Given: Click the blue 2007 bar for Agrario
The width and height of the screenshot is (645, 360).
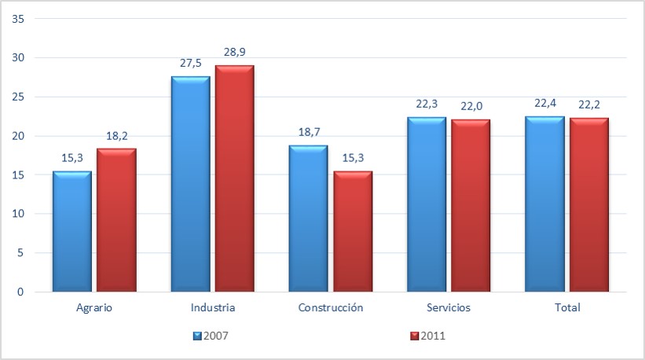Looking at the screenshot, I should [x=72, y=232].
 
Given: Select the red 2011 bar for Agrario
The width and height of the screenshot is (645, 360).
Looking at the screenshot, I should [x=116, y=220].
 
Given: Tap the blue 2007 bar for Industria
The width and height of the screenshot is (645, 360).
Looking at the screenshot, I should [x=190, y=184].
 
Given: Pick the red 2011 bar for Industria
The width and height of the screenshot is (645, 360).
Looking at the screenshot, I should [x=234, y=178].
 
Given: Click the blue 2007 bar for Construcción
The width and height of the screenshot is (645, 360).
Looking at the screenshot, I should [x=308, y=219].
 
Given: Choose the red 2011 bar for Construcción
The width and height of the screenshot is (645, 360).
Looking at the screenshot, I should [x=352, y=232].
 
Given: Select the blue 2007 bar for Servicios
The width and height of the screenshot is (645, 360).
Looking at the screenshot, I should [x=427, y=204].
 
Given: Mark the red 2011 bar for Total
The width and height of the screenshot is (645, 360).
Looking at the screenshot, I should [x=589, y=205].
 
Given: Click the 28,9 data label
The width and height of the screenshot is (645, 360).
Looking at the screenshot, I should [x=234, y=52].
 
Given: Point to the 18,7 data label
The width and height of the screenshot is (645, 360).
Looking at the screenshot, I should [x=309, y=131].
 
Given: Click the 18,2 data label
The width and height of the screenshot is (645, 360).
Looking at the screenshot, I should [x=116, y=135].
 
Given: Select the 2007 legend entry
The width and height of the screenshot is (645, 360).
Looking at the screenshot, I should [x=211, y=336].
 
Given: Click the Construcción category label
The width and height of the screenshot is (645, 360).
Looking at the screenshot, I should [x=331, y=307].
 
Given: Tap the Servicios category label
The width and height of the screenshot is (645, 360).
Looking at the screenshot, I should [x=449, y=307].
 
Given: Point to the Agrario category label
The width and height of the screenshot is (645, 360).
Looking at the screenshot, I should [x=95, y=307].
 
